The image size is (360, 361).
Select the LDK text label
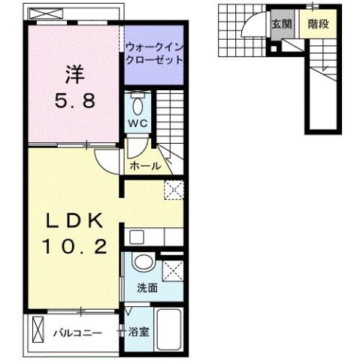[x=74, y=223]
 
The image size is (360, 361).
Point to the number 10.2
[x=74, y=245]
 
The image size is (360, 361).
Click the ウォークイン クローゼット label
[x=154, y=52]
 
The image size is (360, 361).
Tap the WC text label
[x=136, y=123]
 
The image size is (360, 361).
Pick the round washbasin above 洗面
[x=142, y=264]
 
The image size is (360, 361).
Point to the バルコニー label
[x=77, y=331]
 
